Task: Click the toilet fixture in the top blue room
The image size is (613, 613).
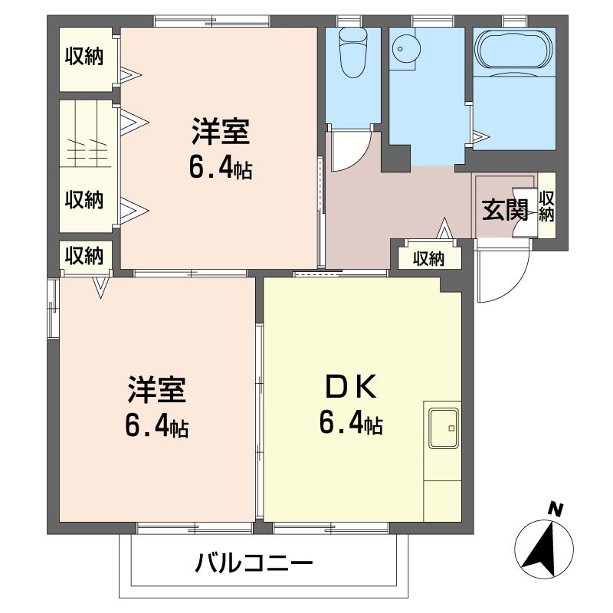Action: (x=354, y=53)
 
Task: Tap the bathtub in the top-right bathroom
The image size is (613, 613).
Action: (x=514, y=52)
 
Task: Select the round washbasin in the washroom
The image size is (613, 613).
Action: (x=407, y=49)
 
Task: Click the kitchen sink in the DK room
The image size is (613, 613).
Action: (x=444, y=428)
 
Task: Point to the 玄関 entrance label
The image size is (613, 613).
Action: (x=505, y=210)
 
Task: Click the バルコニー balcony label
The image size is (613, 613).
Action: (x=254, y=563)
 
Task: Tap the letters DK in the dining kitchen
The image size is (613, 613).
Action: (x=351, y=386)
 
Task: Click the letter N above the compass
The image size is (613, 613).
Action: (x=555, y=510)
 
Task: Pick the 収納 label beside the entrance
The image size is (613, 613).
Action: (x=546, y=206)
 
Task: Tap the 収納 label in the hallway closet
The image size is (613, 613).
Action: (x=429, y=259)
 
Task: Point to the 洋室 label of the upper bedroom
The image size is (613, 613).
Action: (x=221, y=131)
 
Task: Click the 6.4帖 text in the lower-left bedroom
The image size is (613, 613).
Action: (x=157, y=426)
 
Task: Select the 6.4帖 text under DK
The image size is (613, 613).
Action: (x=351, y=424)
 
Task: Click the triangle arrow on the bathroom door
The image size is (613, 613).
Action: (x=481, y=136)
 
